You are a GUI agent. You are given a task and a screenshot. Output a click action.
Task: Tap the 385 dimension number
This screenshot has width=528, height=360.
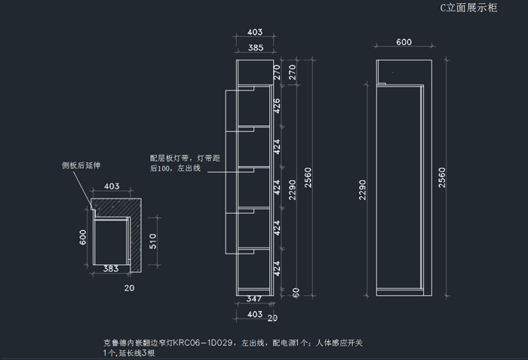[255, 48]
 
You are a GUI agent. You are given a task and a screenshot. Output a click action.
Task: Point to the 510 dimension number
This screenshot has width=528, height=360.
[152, 242]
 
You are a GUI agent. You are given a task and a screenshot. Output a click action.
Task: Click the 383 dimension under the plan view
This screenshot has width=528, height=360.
[110, 269]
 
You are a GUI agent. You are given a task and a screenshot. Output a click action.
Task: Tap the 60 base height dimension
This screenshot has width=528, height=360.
[296, 291]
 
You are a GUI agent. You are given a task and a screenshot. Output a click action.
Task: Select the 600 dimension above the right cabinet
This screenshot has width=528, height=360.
[404, 43]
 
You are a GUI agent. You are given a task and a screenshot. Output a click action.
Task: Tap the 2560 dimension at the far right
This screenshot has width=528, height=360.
[442, 178]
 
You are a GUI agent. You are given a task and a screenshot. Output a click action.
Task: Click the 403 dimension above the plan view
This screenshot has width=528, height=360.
[112, 186]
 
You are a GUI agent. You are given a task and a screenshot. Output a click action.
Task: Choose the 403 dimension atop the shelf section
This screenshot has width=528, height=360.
[255, 32]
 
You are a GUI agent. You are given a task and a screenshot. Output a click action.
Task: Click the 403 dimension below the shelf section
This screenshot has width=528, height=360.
[255, 313]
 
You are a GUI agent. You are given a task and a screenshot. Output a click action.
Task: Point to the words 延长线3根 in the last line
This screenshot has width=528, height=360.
[134, 352]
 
